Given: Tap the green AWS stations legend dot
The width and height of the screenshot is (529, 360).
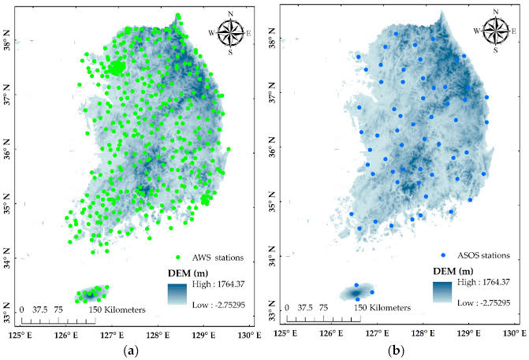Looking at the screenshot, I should tap(177, 258).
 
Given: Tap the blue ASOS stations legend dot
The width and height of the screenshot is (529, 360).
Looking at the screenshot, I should tap(443, 255).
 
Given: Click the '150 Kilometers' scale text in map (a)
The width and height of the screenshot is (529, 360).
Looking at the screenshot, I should tap(118, 310).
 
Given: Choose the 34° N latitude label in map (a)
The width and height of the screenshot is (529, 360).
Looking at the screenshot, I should tap(9, 262).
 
